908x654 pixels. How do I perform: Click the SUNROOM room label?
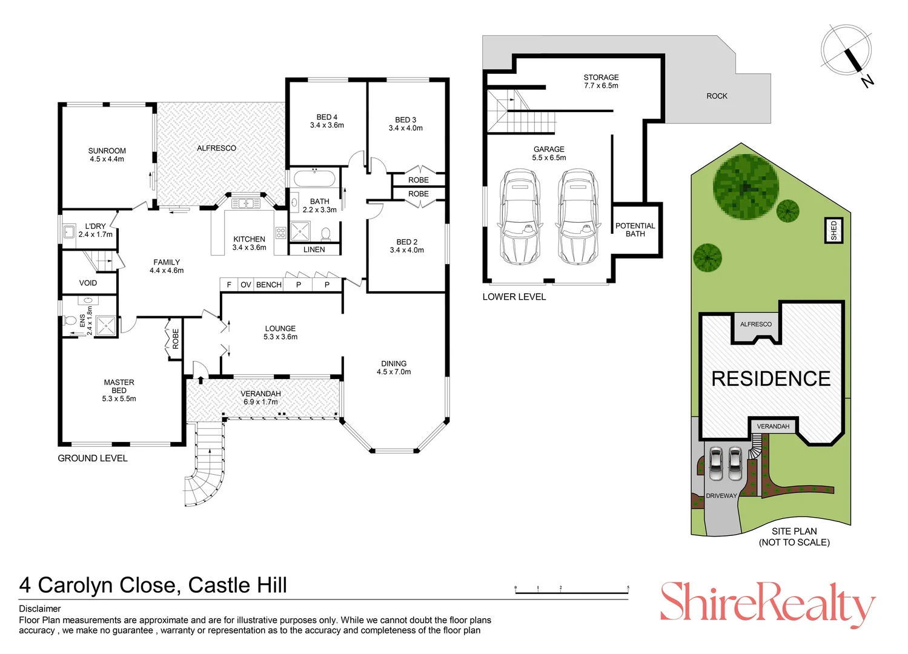click(107, 151)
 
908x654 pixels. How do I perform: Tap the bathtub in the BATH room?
click(314, 179)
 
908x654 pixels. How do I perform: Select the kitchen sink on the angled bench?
click(246, 203)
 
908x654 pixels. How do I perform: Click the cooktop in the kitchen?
click(281, 233)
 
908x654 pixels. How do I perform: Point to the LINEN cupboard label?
click(314, 249)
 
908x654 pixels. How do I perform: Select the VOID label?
click(88, 283)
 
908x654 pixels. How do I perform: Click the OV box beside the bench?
click(246, 285)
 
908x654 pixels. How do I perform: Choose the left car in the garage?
click(520, 217)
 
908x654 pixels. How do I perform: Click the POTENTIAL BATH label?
click(635, 230)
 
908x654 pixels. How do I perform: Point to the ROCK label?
click(717, 96)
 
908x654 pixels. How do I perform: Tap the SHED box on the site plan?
click(834, 231)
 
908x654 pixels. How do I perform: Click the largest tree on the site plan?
click(746, 187)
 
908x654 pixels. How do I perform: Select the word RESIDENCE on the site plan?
click(771, 379)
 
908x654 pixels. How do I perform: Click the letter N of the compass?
click(867, 82)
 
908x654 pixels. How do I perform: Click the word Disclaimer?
click(40, 609)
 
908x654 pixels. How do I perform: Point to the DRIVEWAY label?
click(721, 495)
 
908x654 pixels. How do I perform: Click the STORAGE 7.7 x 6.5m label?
click(601, 81)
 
